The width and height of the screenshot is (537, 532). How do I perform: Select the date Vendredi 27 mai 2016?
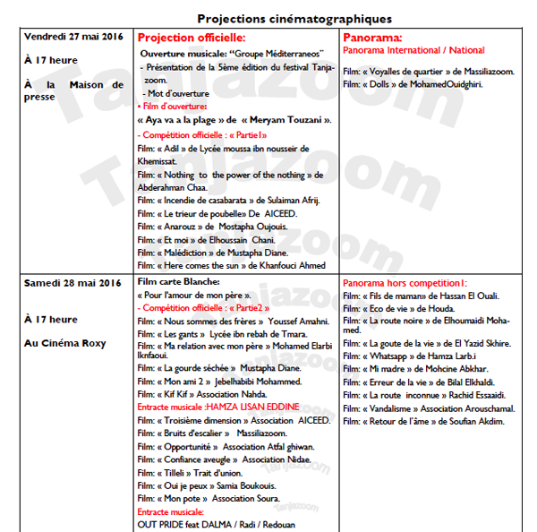coord(72,37)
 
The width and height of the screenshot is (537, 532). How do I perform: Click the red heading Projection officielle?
coord(192,39)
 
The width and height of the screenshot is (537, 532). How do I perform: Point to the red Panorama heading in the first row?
coord(372,39)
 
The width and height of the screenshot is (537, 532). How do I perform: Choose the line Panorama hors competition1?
coord(405,283)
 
